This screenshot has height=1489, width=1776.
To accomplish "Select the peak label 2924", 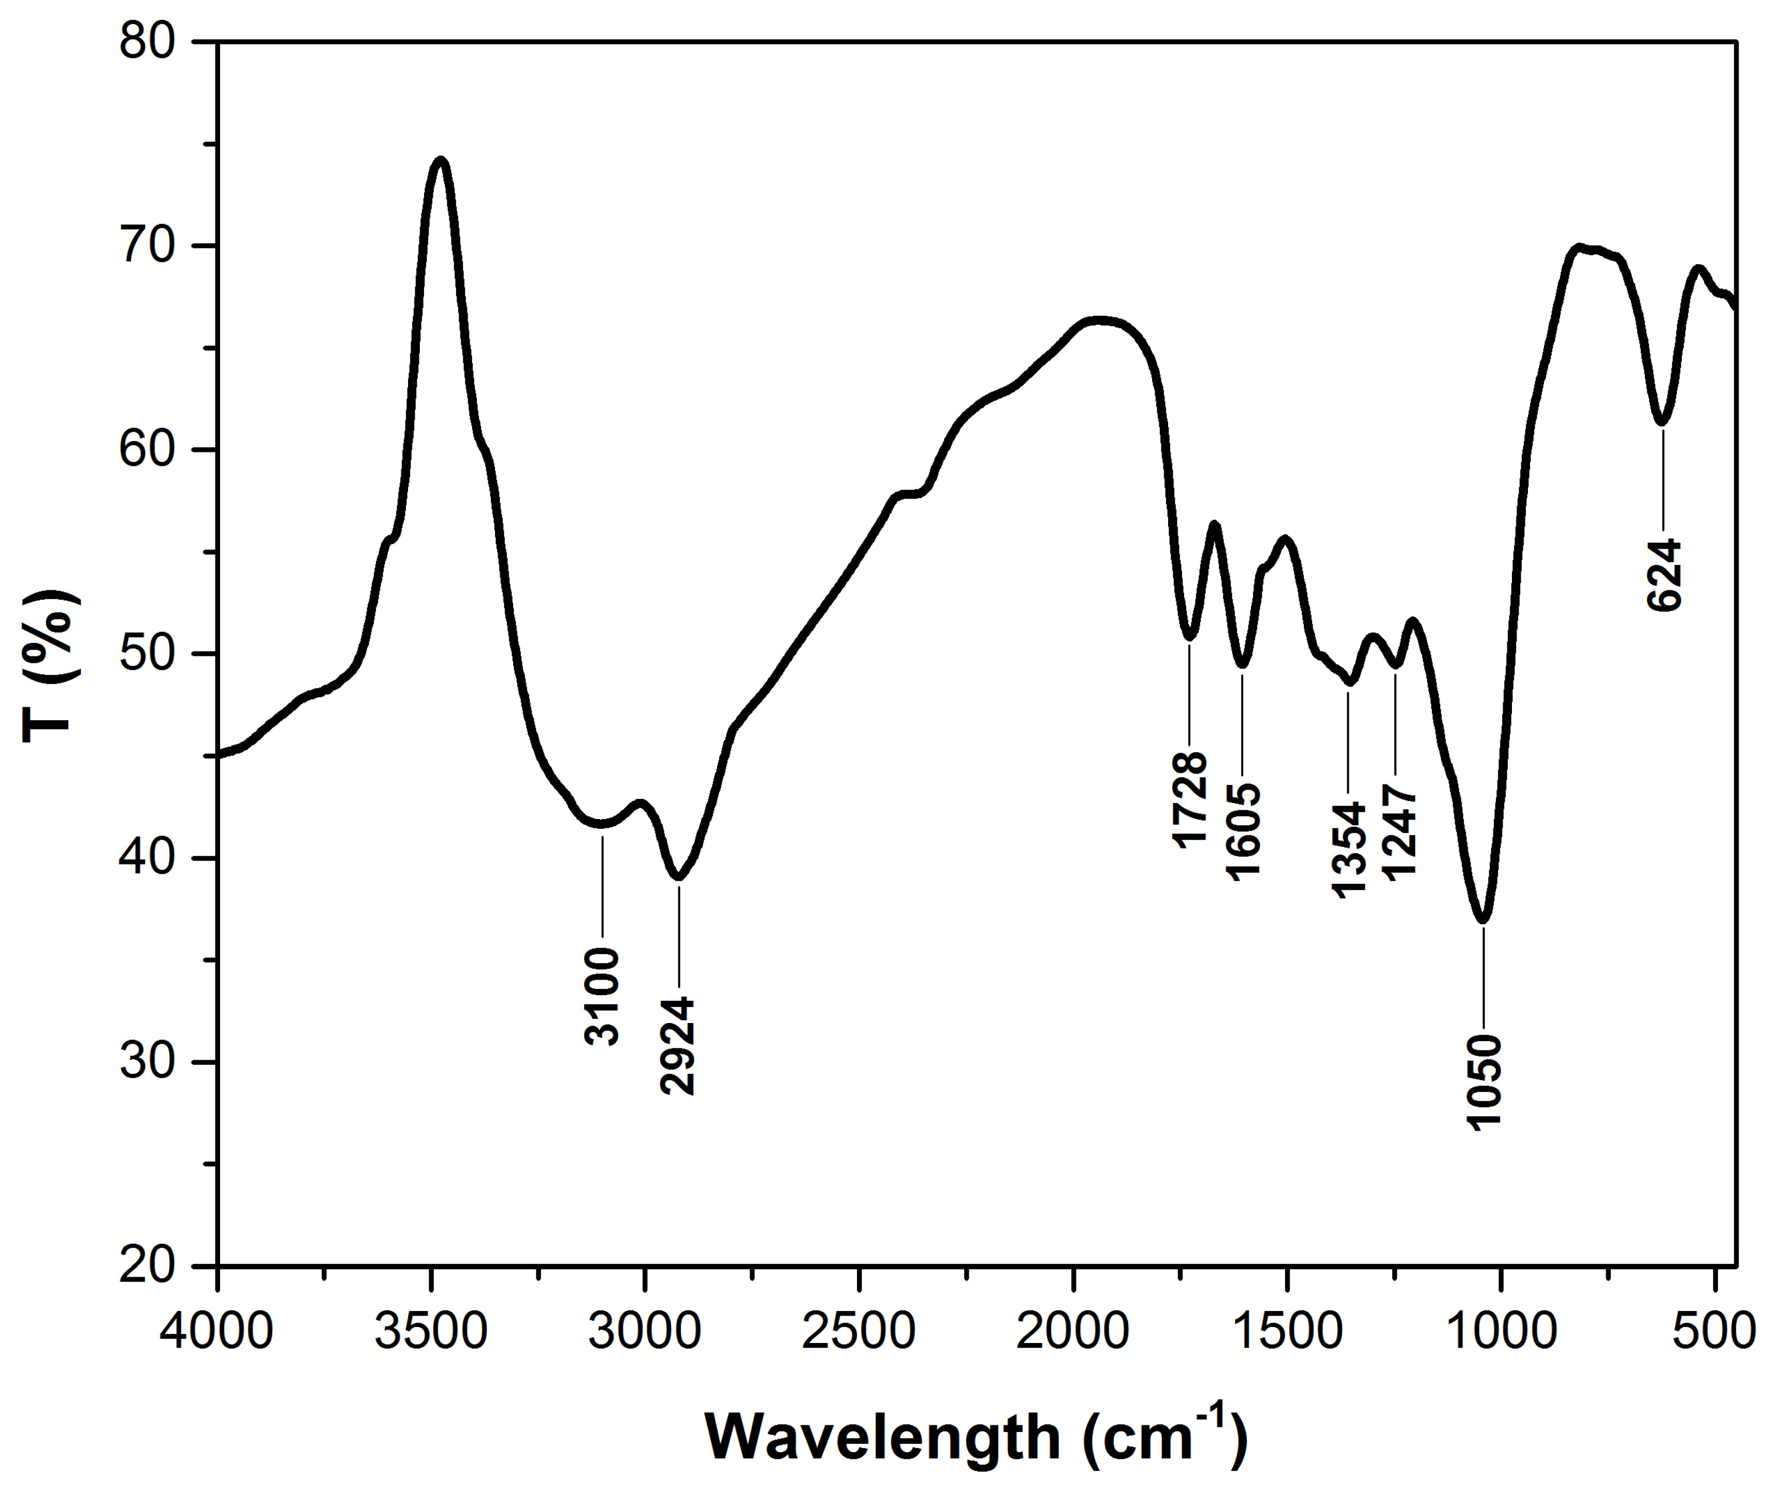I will click(677, 1046).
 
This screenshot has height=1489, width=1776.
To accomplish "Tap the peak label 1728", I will click(1190, 798).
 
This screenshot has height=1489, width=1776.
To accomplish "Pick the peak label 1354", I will click(1349, 848).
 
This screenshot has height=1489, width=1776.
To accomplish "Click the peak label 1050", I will click(1484, 1080).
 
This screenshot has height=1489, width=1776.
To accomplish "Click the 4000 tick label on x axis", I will click(218, 1332).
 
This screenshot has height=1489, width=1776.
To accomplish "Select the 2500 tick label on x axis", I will click(859, 1332).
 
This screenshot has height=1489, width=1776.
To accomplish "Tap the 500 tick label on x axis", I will click(1715, 1332).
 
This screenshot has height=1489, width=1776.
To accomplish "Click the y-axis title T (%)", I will click(51, 668).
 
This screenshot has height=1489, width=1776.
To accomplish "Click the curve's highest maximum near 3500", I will click(440, 160).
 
